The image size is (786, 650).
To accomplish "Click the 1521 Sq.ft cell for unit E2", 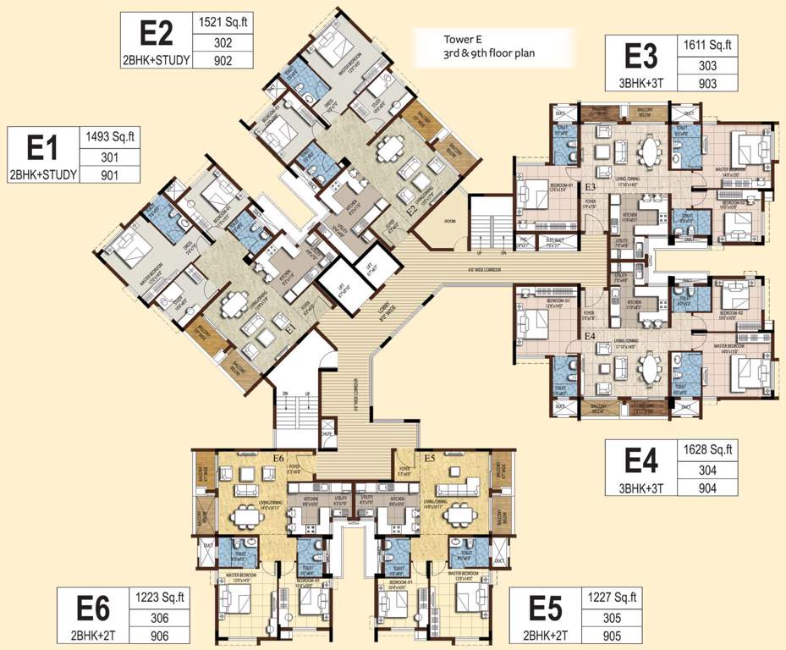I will pyautogui.click(x=223, y=22).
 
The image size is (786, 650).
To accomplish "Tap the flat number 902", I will pyautogui.click(x=223, y=59).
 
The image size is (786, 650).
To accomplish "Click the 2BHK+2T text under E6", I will pyautogui.click(x=93, y=636).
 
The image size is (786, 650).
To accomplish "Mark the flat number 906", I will pyautogui.click(x=160, y=636).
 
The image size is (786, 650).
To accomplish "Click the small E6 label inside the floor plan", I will pyautogui.click(x=278, y=458).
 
